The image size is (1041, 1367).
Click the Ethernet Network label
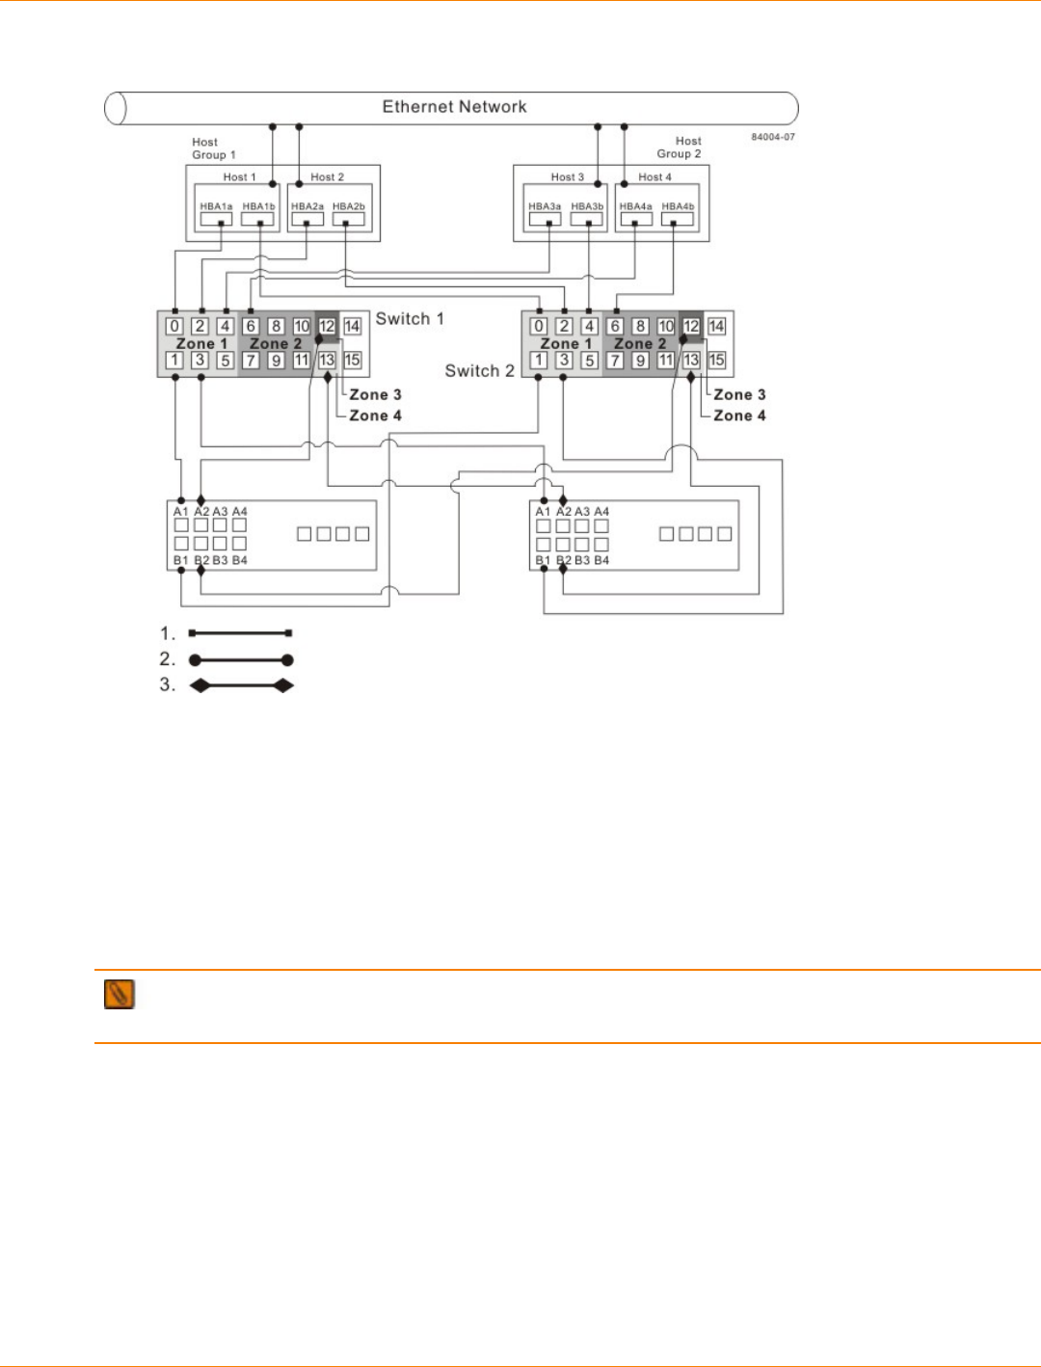point(454,107)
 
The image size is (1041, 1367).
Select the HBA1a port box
point(216,219)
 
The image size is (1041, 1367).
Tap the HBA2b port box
point(348,219)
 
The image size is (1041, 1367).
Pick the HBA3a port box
point(545,219)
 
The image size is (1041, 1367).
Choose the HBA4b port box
point(678,219)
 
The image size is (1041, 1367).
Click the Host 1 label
point(239,177)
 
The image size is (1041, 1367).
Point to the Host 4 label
point(654,177)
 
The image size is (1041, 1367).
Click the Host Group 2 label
point(680,147)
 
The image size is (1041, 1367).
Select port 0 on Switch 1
point(174,327)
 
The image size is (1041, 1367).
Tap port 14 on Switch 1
point(352,327)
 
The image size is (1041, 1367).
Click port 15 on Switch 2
point(716,361)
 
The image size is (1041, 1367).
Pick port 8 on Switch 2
point(640,327)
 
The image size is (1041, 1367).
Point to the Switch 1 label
point(410,319)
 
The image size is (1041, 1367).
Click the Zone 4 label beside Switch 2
point(739,415)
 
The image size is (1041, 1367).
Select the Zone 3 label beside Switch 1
point(375,394)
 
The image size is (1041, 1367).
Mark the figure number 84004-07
point(773,137)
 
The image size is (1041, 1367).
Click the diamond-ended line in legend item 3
point(241,685)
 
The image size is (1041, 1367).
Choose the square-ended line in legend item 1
point(241,633)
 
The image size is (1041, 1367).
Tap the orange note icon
point(119,994)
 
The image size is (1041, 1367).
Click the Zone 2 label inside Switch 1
point(276,344)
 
